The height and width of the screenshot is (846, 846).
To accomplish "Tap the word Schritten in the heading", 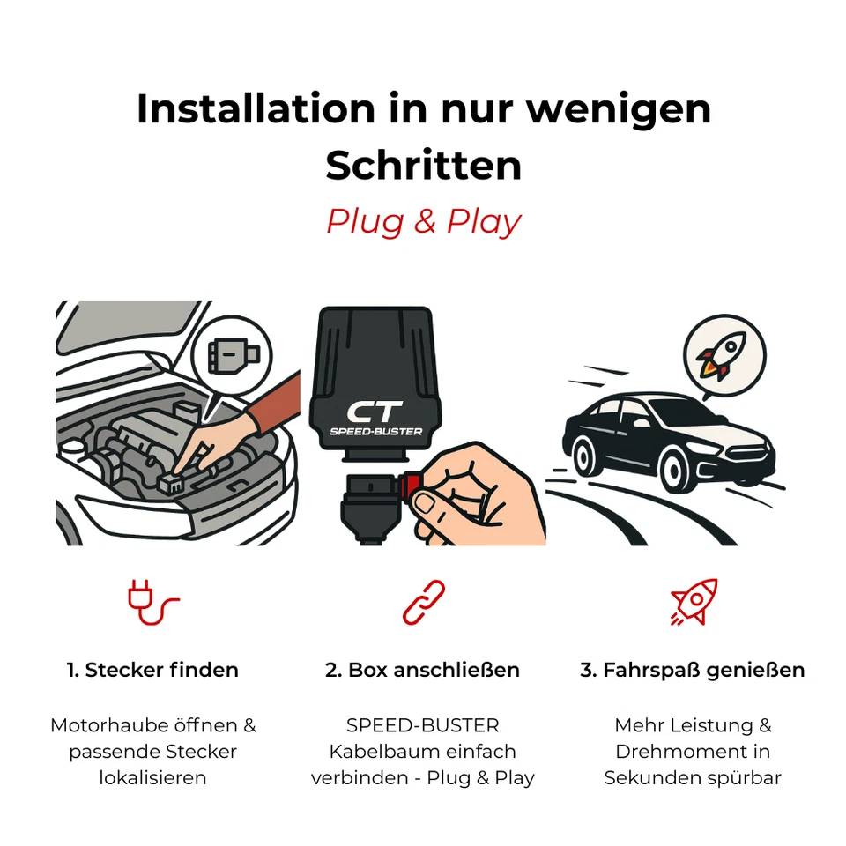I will point(423,166).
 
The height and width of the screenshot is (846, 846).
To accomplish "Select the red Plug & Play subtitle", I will point(423,221).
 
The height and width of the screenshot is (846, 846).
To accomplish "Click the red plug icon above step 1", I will point(152,603).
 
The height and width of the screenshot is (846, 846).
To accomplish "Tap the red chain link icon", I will point(423,603).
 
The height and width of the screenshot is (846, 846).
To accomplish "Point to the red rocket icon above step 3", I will point(694,602).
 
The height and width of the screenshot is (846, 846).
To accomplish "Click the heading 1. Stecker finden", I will point(152,670).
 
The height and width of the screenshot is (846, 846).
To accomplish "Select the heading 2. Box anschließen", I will point(423,670).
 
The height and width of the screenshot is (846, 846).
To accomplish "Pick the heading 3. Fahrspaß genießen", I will point(693,670).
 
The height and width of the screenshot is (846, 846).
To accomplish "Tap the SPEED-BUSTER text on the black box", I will point(375,432).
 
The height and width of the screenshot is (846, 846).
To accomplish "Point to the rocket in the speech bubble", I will point(721,355).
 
